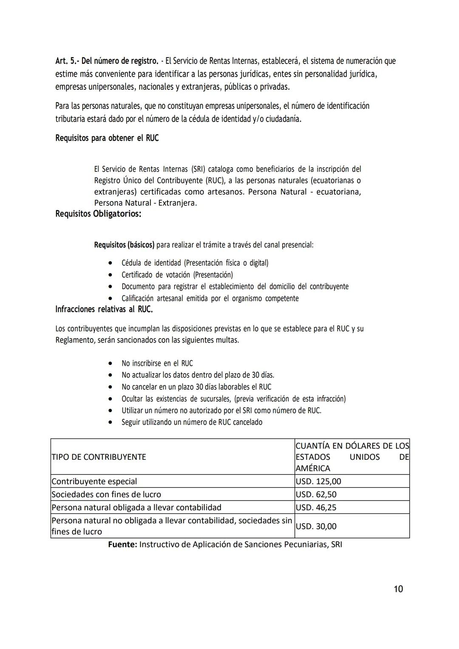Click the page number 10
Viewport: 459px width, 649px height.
(x=398, y=589)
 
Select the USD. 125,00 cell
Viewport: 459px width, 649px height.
(x=318, y=481)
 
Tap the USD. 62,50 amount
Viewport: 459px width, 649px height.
(x=316, y=494)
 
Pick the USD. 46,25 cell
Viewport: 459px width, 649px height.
(x=316, y=507)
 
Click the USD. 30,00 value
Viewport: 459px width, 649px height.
(x=316, y=526)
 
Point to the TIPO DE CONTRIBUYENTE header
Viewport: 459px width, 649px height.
(x=99, y=457)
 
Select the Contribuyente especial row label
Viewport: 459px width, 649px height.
(x=94, y=481)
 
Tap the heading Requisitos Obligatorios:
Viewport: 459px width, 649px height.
(x=98, y=213)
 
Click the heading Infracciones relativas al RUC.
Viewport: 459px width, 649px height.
(x=104, y=309)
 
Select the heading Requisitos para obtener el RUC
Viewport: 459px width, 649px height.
(x=107, y=138)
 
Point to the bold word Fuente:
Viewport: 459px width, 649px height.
(x=122, y=544)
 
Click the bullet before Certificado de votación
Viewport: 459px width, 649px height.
(x=110, y=275)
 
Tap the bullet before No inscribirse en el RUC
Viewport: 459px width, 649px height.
(x=110, y=364)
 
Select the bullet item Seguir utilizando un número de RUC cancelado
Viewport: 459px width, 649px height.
(x=192, y=422)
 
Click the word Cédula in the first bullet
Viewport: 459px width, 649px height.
(x=131, y=263)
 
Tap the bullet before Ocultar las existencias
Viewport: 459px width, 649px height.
(x=110, y=399)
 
